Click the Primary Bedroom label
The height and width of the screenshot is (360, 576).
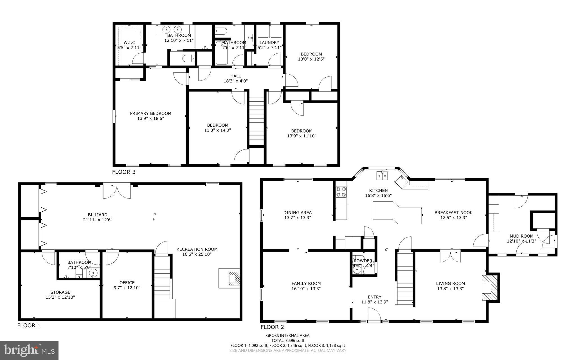click(150, 113)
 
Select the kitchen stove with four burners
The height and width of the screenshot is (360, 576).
click(341, 192)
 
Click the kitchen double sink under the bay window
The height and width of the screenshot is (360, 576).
click(382, 176)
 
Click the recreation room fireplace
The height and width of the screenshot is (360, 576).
click(233, 278)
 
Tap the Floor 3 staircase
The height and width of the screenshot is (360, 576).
click(256, 121)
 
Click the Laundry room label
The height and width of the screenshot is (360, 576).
click(269, 43)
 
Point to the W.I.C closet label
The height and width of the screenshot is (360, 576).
click(129, 43)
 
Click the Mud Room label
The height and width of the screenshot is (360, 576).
click(521, 236)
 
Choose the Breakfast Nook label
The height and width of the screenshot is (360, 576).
click(453, 213)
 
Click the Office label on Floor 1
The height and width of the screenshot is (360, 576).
click(127, 283)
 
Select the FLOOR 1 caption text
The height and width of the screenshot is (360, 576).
click(29, 326)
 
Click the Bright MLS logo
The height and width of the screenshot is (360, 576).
click(29, 350)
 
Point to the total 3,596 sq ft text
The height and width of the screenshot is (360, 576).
click(288, 340)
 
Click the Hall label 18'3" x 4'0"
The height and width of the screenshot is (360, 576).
click(235, 76)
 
